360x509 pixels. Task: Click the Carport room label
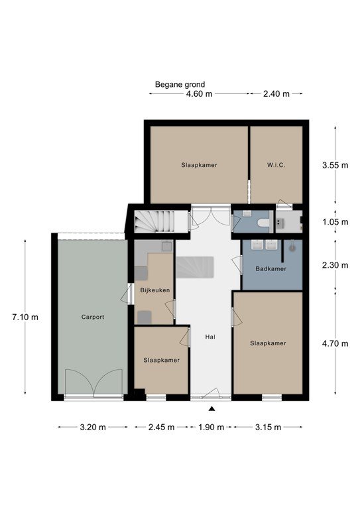pyautogui.click(x=93, y=317)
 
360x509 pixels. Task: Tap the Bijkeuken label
pyautogui.click(x=155, y=290)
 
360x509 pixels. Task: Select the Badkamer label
pyautogui.click(x=270, y=269)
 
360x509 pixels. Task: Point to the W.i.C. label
pyautogui.click(x=276, y=165)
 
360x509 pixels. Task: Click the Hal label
pyautogui.click(x=210, y=337)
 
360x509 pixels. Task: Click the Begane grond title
pyautogui.click(x=180, y=85)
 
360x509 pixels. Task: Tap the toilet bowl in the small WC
pyautogui.click(x=263, y=223)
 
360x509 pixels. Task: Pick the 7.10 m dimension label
pyautogui.click(x=25, y=317)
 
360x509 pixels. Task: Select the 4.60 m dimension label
pyautogui.click(x=199, y=94)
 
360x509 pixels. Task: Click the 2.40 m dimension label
pyautogui.click(x=276, y=94)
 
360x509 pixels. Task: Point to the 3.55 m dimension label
pyautogui.click(x=335, y=165)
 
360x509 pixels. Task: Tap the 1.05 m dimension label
pyautogui.click(x=335, y=222)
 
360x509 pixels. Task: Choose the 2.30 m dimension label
pyautogui.click(x=335, y=265)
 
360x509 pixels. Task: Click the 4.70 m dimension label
pyautogui.click(x=335, y=343)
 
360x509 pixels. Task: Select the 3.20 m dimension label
pyautogui.click(x=93, y=427)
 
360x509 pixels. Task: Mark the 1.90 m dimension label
pyautogui.click(x=211, y=427)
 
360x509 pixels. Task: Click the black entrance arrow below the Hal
pyautogui.click(x=211, y=409)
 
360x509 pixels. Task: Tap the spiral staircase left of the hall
pyautogui.click(x=154, y=221)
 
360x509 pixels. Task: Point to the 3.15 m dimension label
pyautogui.click(x=268, y=427)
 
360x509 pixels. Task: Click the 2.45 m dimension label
pyautogui.click(x=161, y=427)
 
